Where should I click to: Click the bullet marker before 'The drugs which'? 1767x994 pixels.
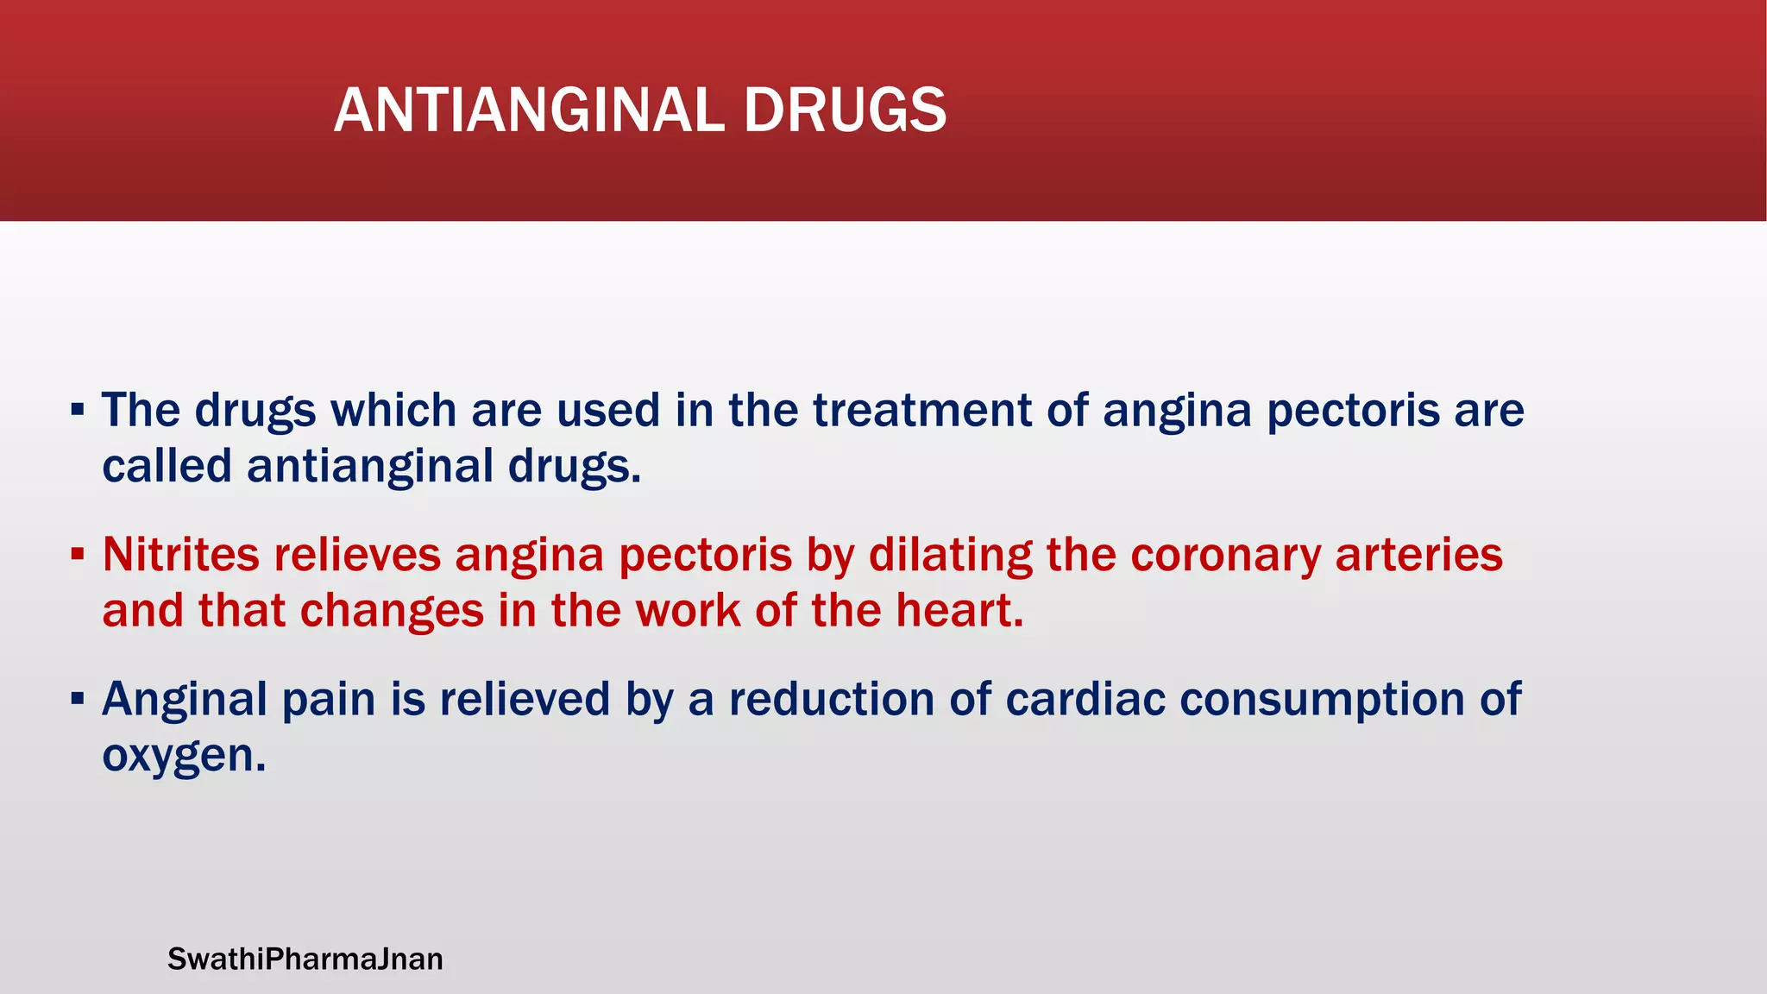[78, 409]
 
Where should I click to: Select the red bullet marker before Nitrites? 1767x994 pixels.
[78, 553]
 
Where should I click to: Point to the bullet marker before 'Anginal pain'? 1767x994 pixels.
[78, 697]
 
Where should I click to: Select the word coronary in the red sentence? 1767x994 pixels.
[1225, 555]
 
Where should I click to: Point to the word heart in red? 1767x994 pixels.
[959, 610]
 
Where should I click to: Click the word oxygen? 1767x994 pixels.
[183, 757]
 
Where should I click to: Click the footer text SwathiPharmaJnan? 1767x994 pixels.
[305, 959]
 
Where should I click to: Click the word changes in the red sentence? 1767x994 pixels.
[392, 612]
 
